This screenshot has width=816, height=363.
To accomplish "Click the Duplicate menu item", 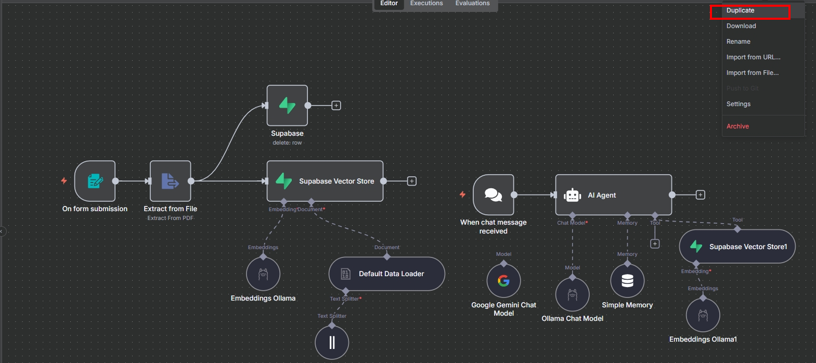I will click(740, 10).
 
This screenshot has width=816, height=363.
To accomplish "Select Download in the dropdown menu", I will click(741, 26).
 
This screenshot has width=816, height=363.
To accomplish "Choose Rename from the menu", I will click(739, 42).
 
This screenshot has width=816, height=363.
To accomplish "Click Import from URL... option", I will click(753, 57).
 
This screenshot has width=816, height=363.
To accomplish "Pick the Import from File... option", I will click(753, 73).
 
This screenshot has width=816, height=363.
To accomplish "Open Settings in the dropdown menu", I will click(739, 104).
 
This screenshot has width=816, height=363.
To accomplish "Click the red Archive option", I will click(737, 126).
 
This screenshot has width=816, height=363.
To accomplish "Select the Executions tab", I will click(426, 4).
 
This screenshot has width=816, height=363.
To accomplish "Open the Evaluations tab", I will click(472, 4).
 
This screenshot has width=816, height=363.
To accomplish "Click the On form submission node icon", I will click(95, 181).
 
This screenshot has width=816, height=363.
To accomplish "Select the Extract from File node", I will click(171, 181).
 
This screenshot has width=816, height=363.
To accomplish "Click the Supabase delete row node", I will click(287, 106).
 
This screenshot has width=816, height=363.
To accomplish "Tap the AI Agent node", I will click(614, 195).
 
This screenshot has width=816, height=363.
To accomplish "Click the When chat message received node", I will click(494, 195).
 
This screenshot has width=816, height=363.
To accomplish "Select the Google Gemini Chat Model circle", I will click(503, 281).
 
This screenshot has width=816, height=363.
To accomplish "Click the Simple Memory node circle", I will click(627, 281).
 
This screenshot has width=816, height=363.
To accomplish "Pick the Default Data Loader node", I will click(387, 274).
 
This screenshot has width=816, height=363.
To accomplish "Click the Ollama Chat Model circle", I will click(573, 294).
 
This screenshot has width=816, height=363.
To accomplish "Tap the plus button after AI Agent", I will click(701, 195).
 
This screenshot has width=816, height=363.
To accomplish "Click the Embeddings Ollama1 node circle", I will click(703, 315).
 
